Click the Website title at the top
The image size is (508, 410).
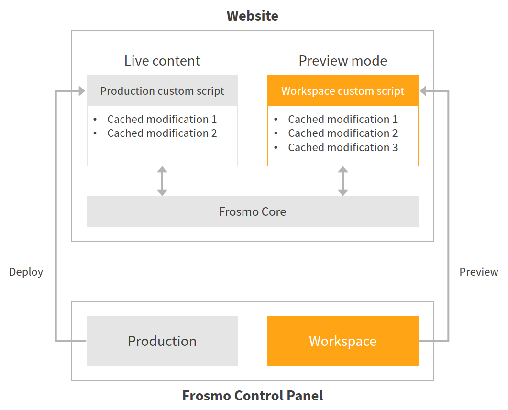pos(252,15)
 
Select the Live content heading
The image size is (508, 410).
pos(162,61)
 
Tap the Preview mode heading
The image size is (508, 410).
pos(342,61)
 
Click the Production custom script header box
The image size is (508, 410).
pos(162,91)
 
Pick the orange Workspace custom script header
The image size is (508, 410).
pos(342,91)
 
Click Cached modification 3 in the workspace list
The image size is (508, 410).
pos(342,147)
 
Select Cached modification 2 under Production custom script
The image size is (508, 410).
pos(162,133)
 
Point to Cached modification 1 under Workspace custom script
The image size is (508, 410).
pos(342,119)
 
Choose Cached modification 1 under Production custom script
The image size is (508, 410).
pos(162,119)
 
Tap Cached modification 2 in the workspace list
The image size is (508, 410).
pos(342,133)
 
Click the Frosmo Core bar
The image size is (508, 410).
pos(252,211)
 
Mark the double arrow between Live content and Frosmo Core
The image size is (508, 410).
pos(162,181)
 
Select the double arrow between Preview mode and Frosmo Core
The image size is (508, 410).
pos(342,181)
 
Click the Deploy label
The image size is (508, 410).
pos(26,272)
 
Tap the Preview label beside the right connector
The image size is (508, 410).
pos(478,272)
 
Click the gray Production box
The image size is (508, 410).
pos(162,341)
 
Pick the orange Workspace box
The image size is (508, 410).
pos(342,341)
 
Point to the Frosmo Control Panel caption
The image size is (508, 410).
pos(252,396)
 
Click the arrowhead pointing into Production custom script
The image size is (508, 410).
pos(81,91)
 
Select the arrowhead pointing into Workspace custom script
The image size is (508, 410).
pos(423,91)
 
